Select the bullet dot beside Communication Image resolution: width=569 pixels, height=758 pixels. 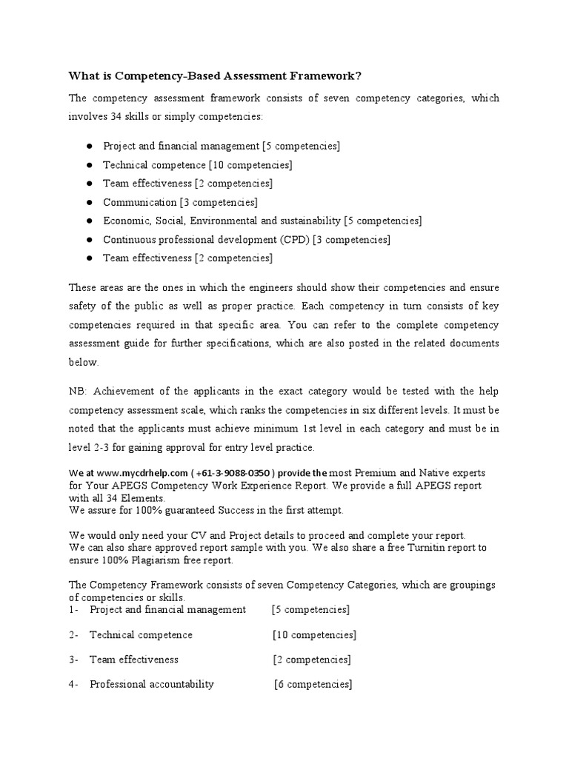click(x=88, y=202)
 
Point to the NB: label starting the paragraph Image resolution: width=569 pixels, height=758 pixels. click(x=79, y=391)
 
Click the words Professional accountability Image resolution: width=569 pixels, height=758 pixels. click(x=151, y=684)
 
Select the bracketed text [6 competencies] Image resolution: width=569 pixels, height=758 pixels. click(x=313, y=684)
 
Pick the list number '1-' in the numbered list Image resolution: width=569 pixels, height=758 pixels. click(x=73, y=609)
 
